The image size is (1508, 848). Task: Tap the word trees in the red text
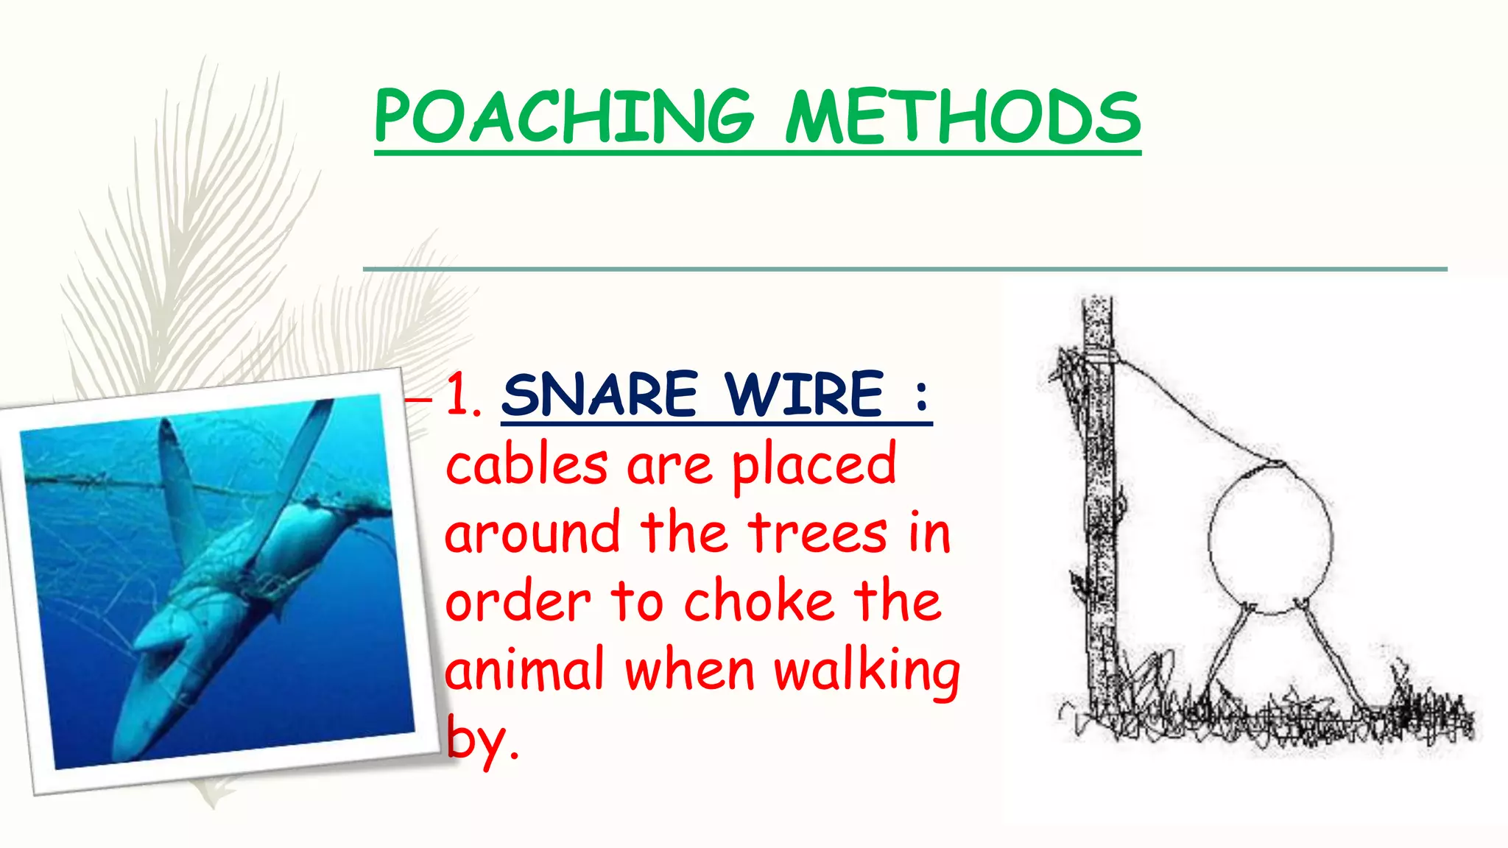818,533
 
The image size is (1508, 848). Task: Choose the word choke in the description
759,601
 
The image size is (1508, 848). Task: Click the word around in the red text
532,533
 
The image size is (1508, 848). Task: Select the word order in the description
518,602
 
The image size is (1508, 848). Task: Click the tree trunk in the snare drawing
1100,515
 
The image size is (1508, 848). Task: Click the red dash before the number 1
419,399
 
